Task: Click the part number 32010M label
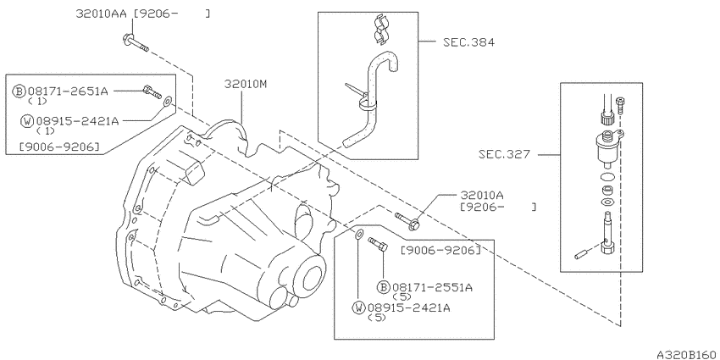click(246, 84)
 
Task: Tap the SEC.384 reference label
click(468, 42)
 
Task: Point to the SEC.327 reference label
click(504, 154)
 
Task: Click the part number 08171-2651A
click(68, 91)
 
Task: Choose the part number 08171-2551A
click(432, 287)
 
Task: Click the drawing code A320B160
click(688, 355)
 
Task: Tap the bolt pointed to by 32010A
click(407, 220)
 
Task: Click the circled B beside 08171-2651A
click(19, 91)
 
